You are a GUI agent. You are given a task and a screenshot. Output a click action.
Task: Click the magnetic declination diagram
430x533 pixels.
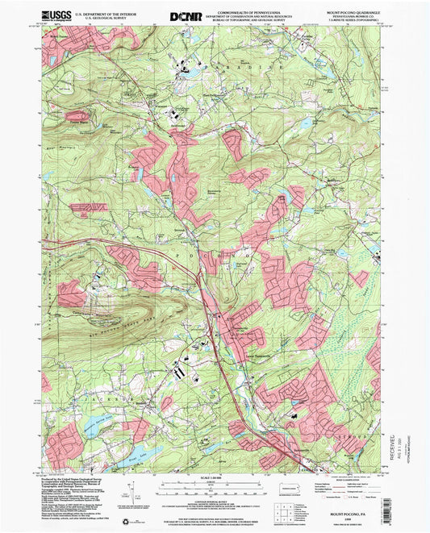coord(134,485)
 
